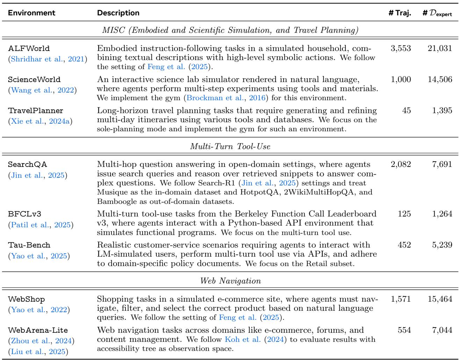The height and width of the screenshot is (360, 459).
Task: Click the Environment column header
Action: tap(32, 13)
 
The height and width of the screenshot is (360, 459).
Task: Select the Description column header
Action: tap(118, 13)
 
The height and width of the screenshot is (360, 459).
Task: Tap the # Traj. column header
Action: tap(400, 13)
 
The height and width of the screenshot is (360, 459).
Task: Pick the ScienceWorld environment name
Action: tap(34, 80)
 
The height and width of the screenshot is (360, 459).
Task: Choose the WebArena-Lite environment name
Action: tap(38, 330)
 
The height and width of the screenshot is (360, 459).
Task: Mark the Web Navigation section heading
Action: tap(229, 280)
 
